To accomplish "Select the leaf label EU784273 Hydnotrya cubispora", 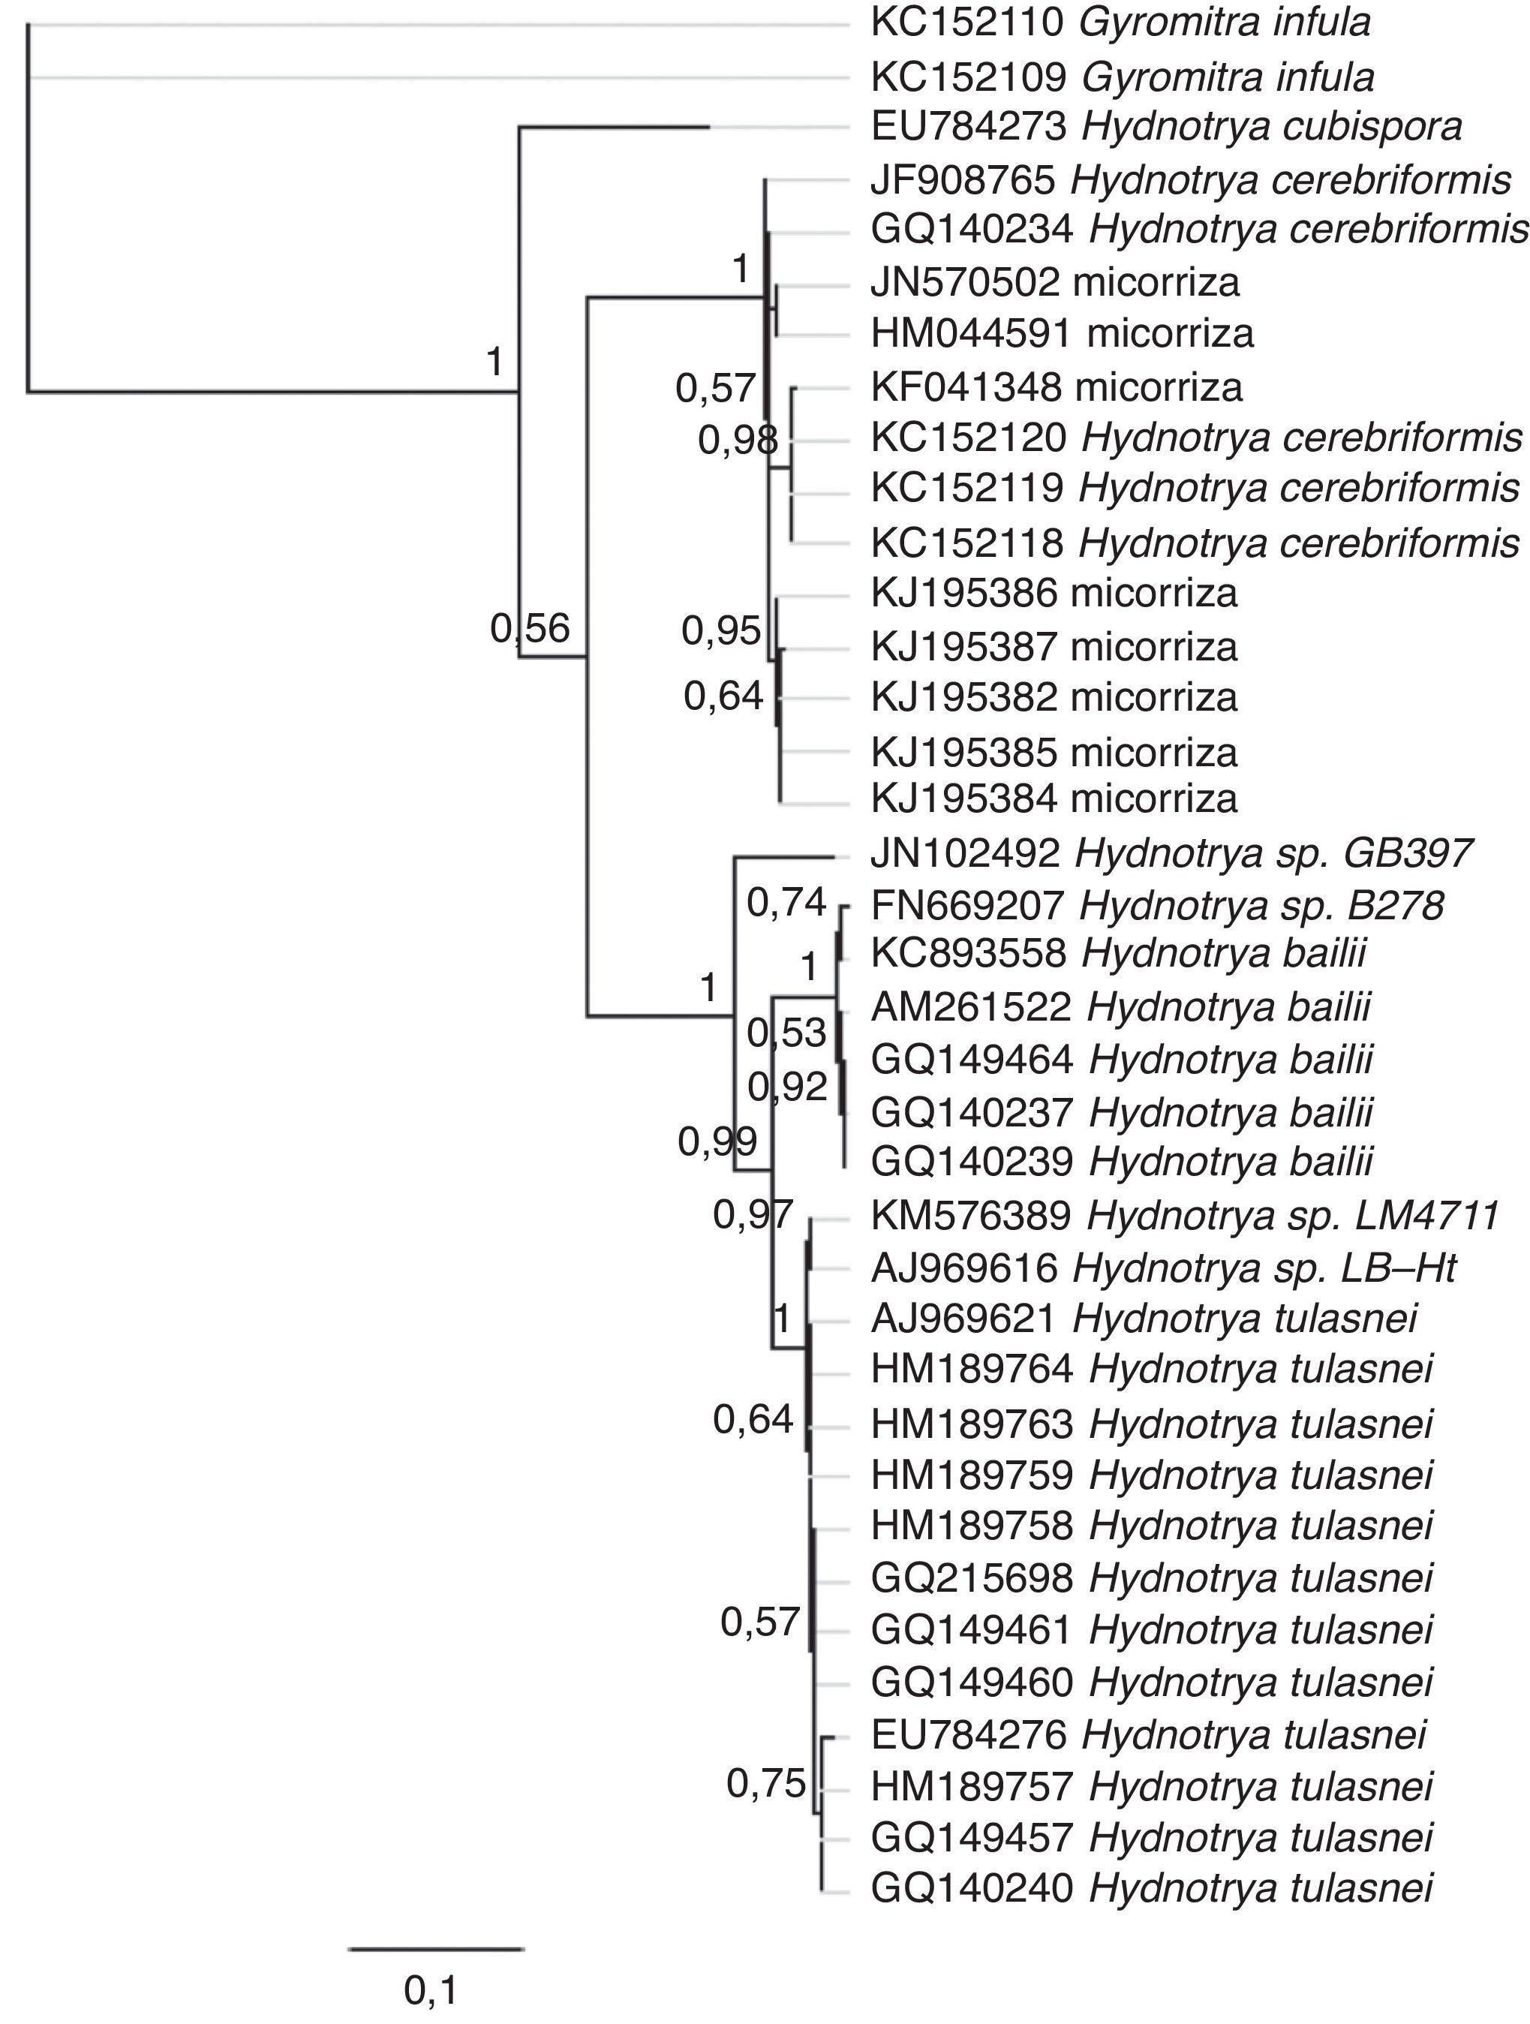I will tap(1166, 127).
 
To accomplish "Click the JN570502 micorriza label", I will tap(1054, 283).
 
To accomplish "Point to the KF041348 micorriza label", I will tap(1056, 387).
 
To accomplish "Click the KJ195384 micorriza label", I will tap(1054, 798).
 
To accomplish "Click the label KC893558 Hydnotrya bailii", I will tap(1118, 953).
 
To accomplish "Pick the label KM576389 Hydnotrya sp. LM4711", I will tap(1185, 1216).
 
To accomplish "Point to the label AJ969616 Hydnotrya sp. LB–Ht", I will tap(1163, 1268).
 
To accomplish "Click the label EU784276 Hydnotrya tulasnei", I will tap(1148, 1734).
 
